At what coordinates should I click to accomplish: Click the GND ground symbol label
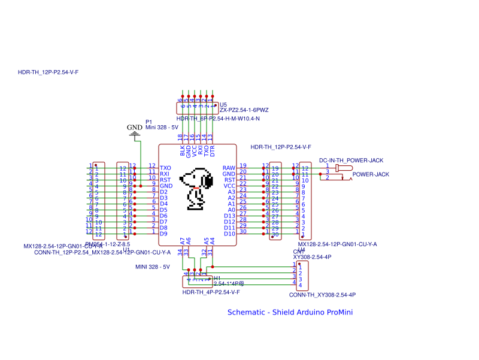click(x=135, y=128)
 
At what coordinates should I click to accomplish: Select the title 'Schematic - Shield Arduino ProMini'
click(x=294, y=312)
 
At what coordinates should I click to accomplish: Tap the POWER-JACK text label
click(x=371, y=174)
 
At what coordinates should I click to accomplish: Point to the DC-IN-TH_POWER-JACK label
click(x=351, y=161)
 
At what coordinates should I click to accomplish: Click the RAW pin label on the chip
click(x=229, y=168)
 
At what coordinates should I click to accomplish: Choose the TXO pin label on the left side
click(x=166, y=168)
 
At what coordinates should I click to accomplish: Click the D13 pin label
click(x=229, y=216)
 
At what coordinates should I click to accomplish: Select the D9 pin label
click(x=164, y=234)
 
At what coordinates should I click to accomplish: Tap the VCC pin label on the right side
click(x=229, y=186)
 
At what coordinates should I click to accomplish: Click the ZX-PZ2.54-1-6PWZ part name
click(x=244, y=110)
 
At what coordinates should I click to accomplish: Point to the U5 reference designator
click(x=223, y=104)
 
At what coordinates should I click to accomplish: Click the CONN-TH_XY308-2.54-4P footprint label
click(x=322, y=295)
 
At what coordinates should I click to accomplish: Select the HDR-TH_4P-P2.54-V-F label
click(x=211, y=292)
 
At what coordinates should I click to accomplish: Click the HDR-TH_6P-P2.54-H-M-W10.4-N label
click(x=218, y=119)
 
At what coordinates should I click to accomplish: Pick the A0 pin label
click(x=231, y=210)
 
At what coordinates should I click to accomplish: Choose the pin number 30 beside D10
click(x=243, y=231)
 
